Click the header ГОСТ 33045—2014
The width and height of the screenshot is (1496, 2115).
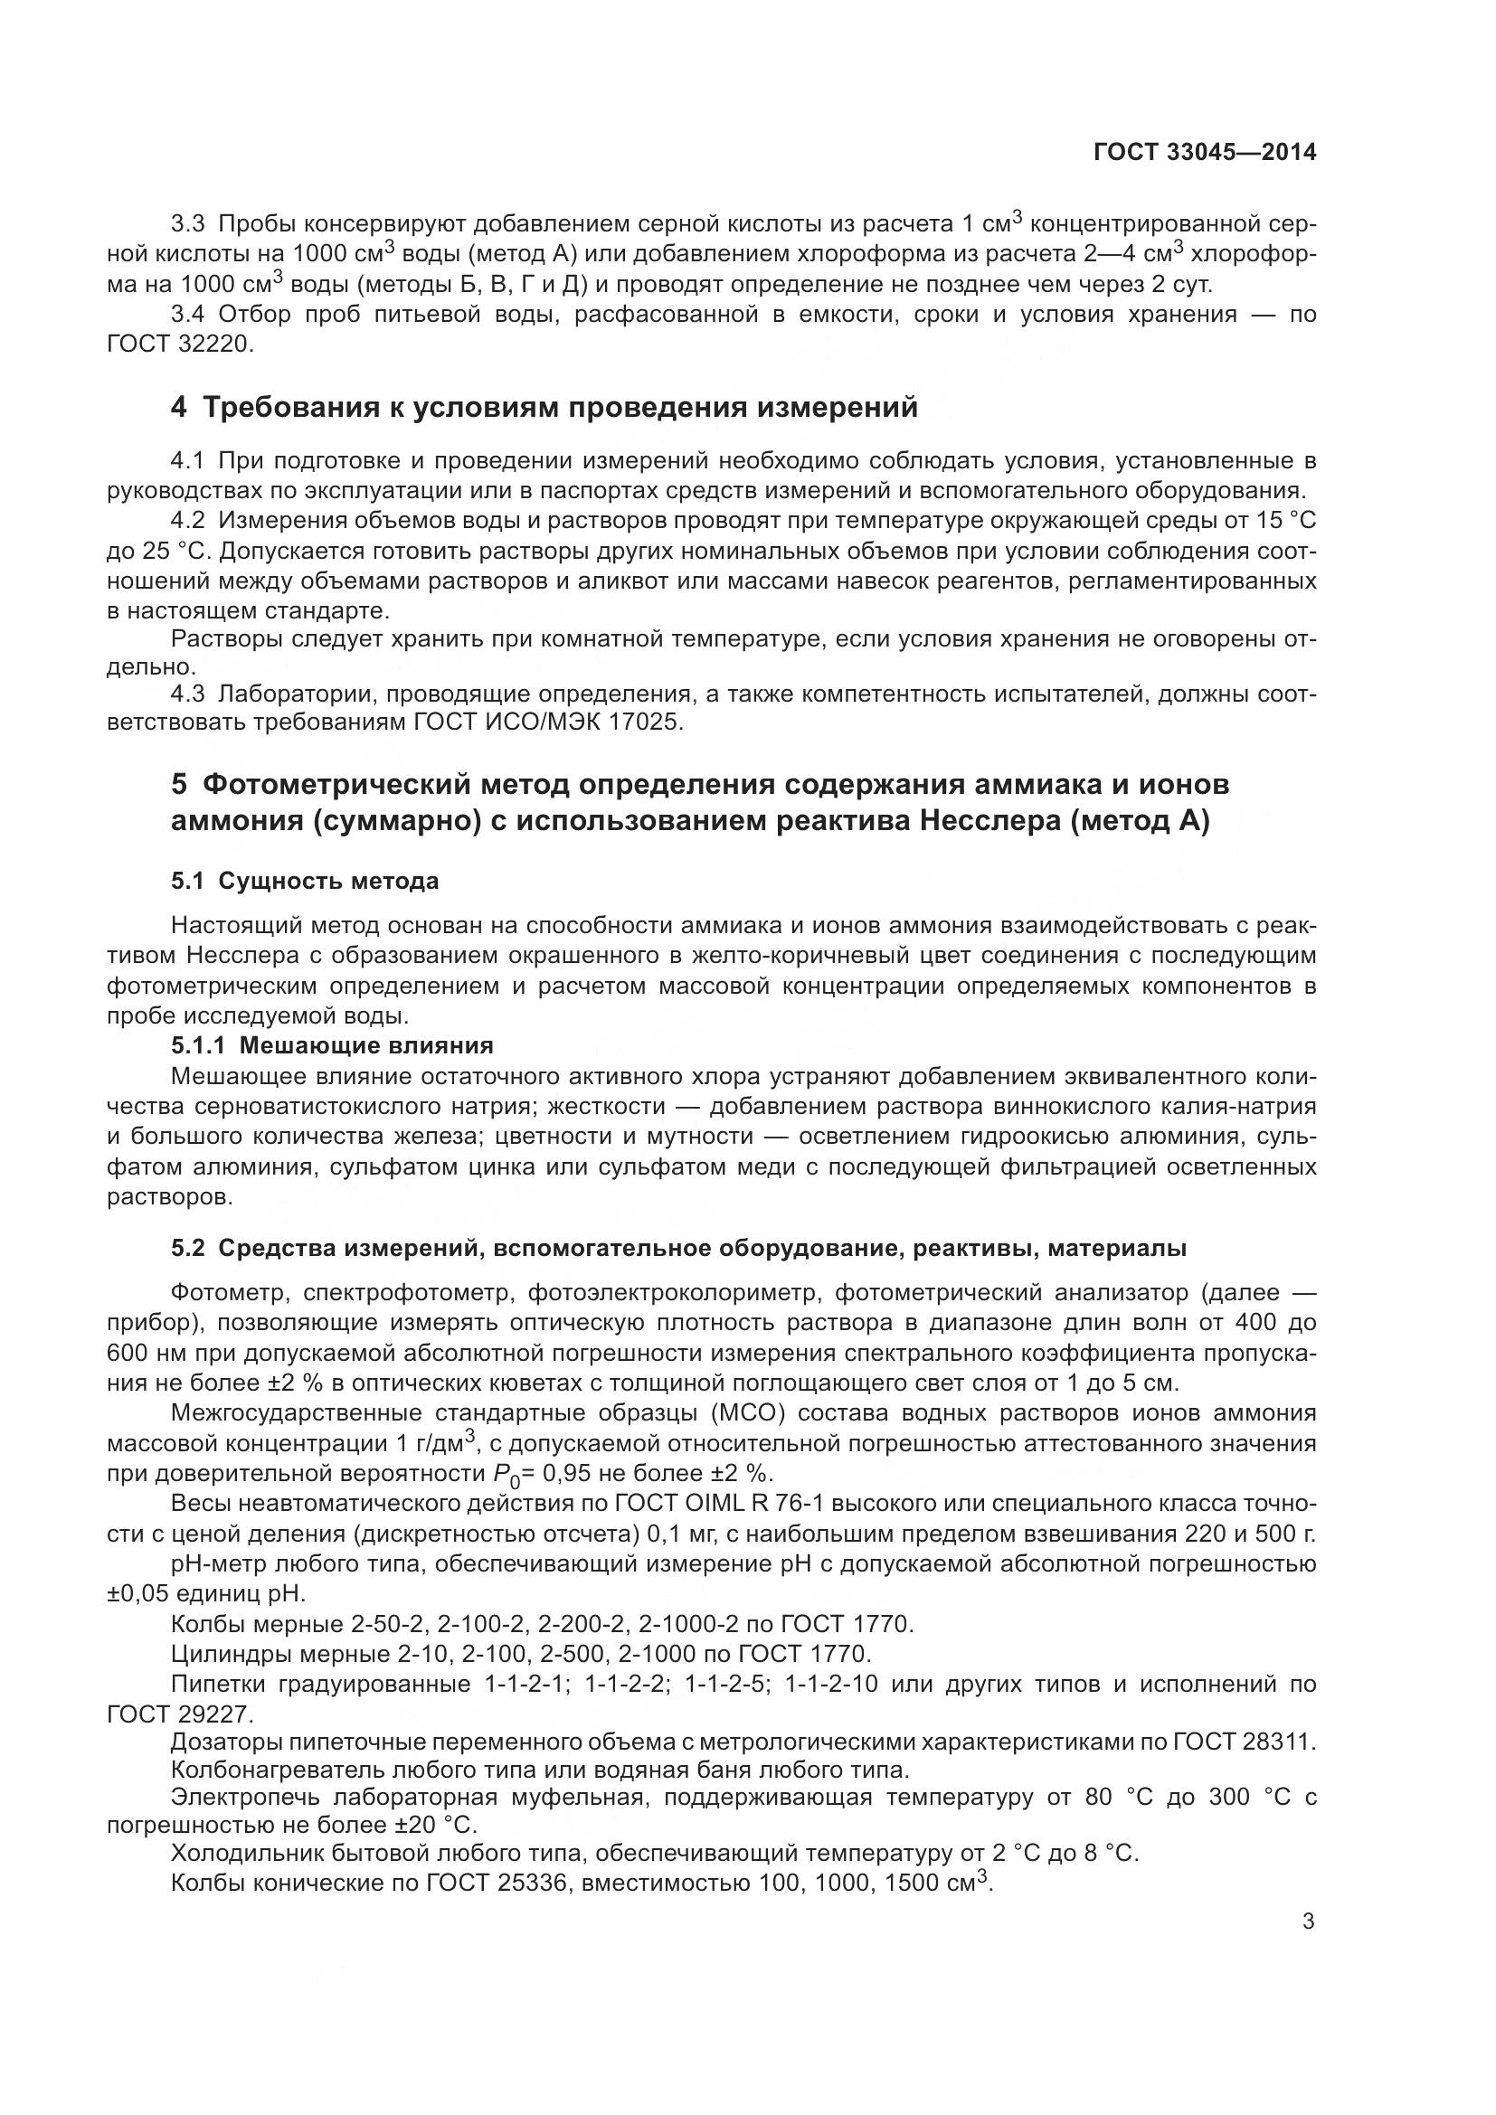[1204, 153]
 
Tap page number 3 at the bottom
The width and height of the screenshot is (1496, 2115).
[1308, 1921]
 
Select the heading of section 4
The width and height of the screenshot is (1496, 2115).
[544, 407]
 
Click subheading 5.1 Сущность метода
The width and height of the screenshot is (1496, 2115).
[305, 882]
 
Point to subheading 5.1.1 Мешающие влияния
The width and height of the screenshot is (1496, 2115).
[332, 1045]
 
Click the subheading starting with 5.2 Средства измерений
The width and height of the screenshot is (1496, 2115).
[679, 1249]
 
